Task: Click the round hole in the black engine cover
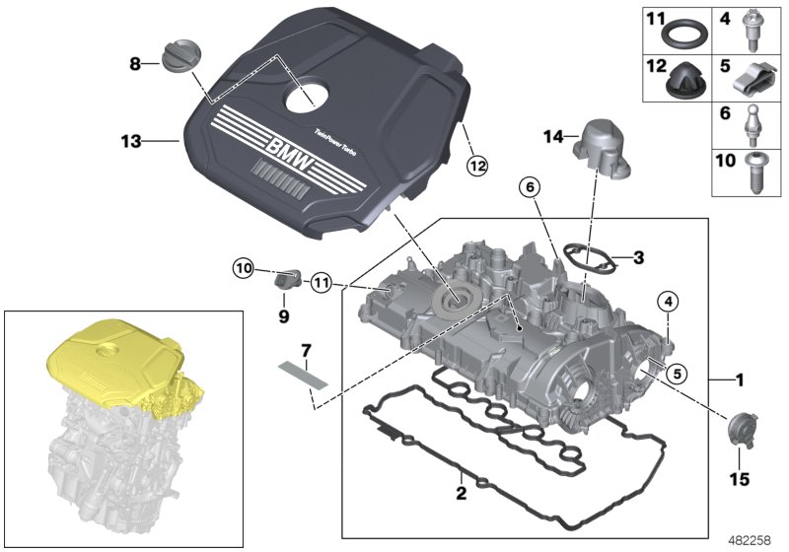click(x=313, y=94)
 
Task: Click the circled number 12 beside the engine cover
click(x=477, y=167)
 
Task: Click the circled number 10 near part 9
click(x=243, y=266)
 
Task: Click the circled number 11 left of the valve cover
click(x=320, y=284)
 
